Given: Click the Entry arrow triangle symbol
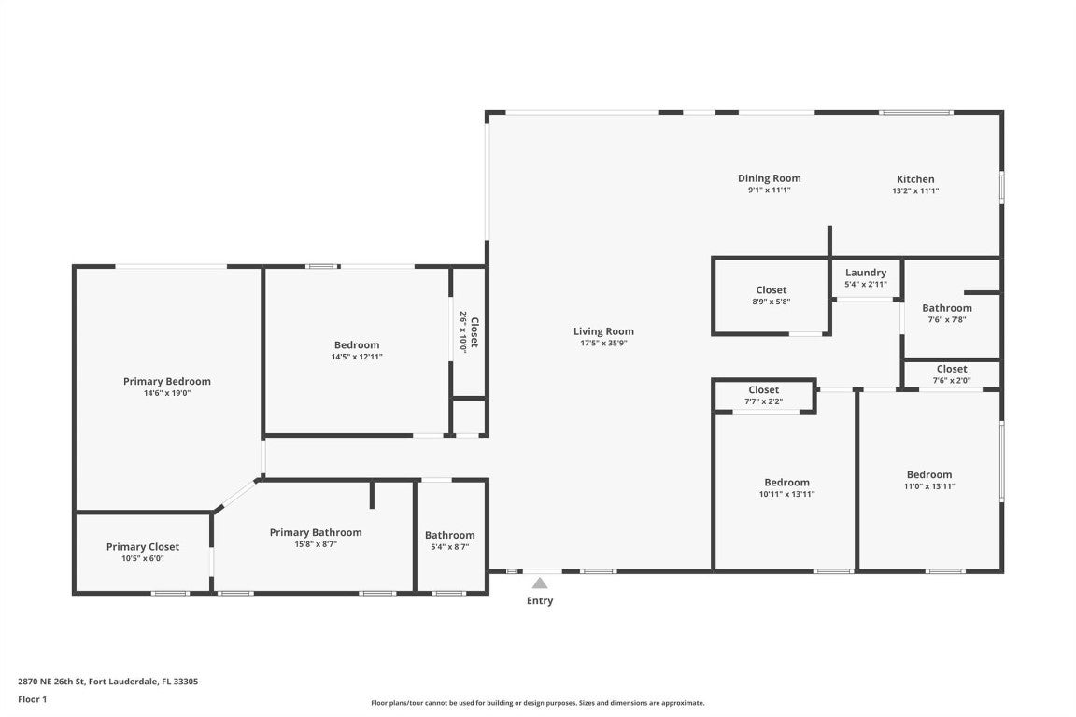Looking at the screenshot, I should pos(540,583).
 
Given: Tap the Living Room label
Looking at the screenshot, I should pos(603,331).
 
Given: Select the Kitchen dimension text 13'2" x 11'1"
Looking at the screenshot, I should pos(914,190).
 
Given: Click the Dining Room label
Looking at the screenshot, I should pos(769,178).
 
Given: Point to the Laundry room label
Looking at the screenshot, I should pos(865,273).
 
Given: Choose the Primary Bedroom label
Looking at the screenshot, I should pos(166,381).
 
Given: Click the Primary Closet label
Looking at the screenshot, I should pos(142,547).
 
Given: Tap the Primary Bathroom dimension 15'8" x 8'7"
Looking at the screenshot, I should pos(315,544).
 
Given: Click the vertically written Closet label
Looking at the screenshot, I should pos(474,331).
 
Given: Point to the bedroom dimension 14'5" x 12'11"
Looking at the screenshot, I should pos(356,357).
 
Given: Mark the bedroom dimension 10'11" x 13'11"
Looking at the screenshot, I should pos(786,495).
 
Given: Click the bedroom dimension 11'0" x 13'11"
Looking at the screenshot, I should pos(928,486).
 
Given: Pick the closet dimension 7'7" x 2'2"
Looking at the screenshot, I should pos(763,402).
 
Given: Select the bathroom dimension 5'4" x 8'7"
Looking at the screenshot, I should pos(449,547).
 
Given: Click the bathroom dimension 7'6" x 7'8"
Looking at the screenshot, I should pos(946,319).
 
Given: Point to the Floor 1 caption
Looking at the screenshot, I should pos(32,699).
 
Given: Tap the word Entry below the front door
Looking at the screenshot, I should pos(540,601).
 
